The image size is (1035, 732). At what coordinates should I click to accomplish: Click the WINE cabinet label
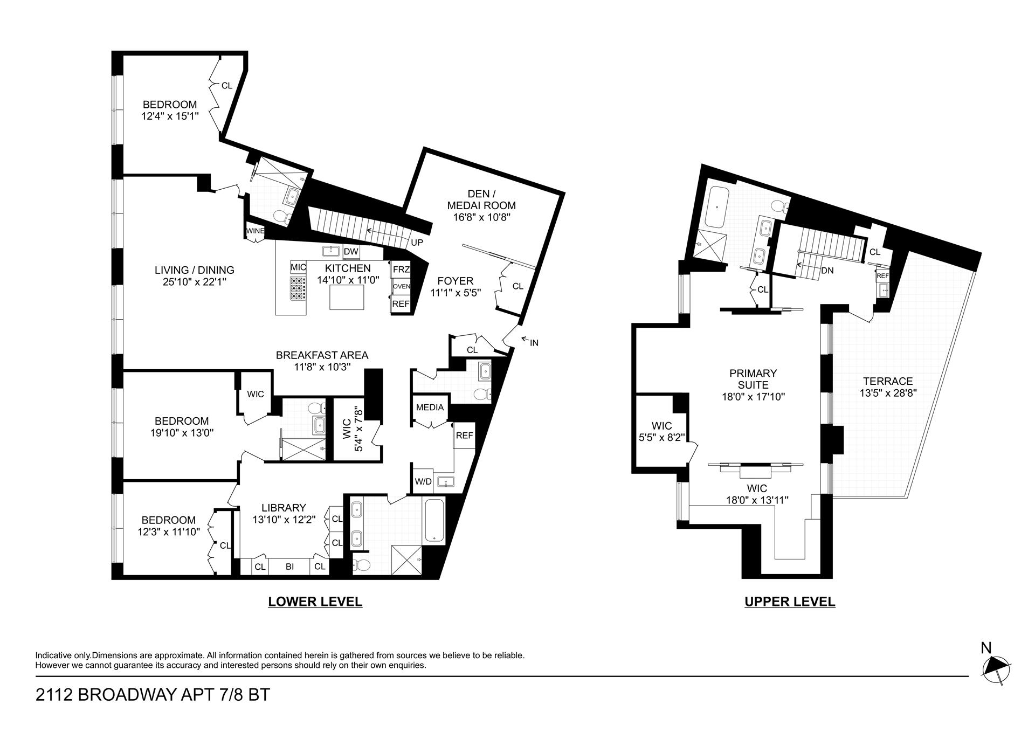(255, 231)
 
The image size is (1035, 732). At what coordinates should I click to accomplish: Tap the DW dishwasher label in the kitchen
(351, 252)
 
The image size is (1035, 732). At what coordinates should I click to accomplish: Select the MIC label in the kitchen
(298, 267)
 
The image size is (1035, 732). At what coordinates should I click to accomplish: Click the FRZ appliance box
(401, 270)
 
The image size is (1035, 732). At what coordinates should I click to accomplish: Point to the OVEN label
(401, 287)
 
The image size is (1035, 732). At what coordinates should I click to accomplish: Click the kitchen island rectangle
(347, 297)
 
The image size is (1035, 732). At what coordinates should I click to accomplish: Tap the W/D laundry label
(423, 481)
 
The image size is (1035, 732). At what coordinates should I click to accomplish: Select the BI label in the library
(289, 567)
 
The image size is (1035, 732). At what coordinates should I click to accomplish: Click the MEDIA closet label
(430, 408)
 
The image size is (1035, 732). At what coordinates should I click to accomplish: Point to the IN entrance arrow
(529, 341)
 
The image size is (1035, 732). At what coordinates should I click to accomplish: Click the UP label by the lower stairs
(417, 243)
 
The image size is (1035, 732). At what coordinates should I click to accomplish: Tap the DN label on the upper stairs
(827, 271)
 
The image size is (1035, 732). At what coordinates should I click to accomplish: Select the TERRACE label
(886, 381)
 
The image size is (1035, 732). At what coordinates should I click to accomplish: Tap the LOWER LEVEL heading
(315, 602)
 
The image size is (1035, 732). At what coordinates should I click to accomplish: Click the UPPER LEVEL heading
(790, 602)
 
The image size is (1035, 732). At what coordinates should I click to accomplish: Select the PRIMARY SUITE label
(753, 379)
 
